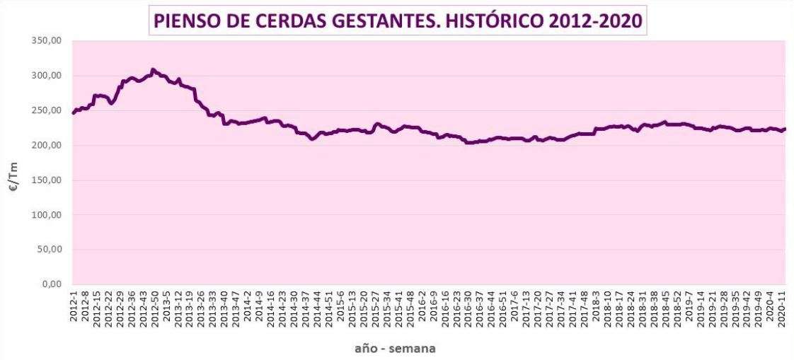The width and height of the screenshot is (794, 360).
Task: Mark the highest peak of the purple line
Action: click(x=153, y=69)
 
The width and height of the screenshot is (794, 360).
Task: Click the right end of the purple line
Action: click(x=785, y=129)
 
